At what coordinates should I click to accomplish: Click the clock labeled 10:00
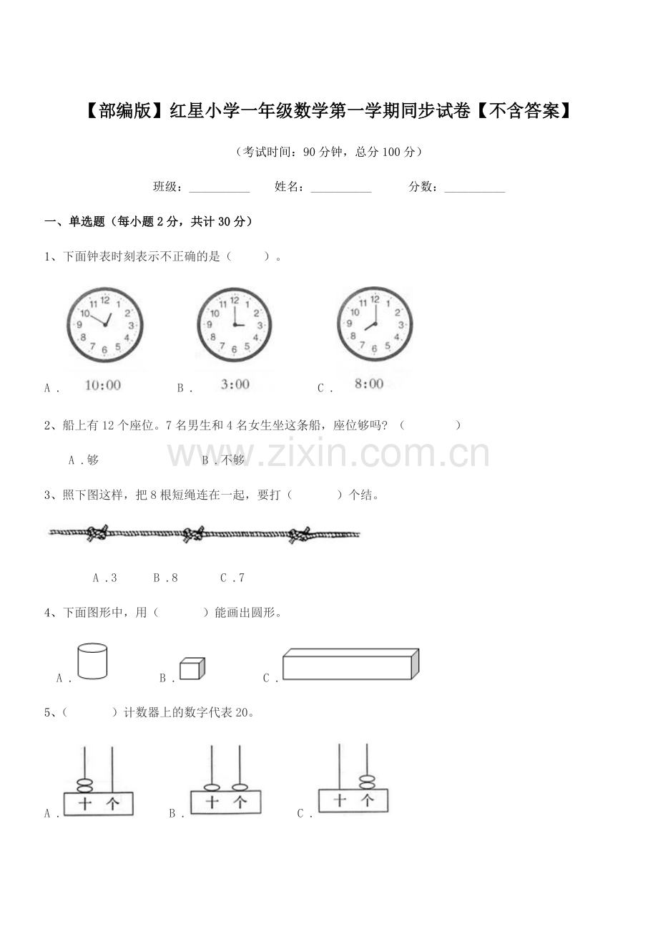[x=104, y=324]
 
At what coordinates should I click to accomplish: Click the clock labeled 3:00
[x=235, y=325]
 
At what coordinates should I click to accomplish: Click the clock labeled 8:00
[x=374, y=324]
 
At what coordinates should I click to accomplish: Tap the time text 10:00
[x=103, y=385]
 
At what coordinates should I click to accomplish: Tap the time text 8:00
[x=369, y=384]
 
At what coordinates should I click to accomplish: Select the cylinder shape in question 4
[x=92, y=661]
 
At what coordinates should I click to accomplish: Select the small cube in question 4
[x=192, y=669]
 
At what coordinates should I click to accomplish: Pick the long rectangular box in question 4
[x=350, y=664]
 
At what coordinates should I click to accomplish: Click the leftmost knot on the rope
[x=97, y=533]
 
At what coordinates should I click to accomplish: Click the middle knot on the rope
[x=193, y=534]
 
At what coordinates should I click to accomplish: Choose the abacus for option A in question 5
[x=99, y=787]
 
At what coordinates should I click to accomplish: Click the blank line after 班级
[x=219, y=188]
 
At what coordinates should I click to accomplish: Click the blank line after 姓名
[x=341, y=188]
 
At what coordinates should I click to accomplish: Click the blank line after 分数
[x=475, y=188]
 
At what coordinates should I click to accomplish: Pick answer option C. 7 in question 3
[x=232, y=578]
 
